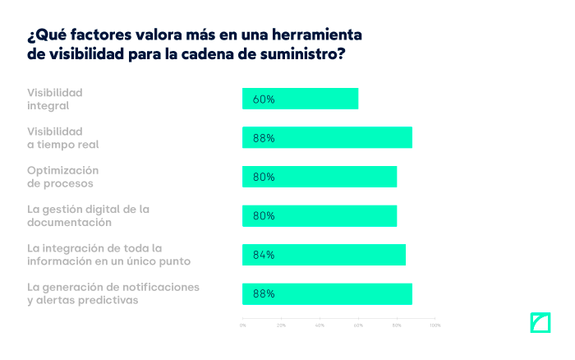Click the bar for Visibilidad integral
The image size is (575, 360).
[x=300, y=99]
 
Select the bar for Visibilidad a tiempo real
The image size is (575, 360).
[x=327, y=137]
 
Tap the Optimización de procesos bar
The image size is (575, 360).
[x=320, y=177]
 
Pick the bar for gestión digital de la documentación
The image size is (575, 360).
[x=320, y=215]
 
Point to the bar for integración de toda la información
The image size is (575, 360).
[x=324, y=255]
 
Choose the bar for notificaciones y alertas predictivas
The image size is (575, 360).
[x=327, y=293]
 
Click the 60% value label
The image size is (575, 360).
[x=264, y=99]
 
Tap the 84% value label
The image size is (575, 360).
[x=264, y=255]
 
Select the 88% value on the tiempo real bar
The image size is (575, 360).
[x=264, y=138]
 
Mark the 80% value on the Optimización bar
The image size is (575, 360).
[x=264, y=177]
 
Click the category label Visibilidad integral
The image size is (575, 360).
[x=55, y=99]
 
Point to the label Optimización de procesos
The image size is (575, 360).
[x=64, y=177]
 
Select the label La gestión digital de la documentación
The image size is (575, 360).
[x=88, y=215]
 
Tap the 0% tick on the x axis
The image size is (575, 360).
[x=242, y=325]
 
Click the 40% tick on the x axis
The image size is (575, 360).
[x=320, y=325]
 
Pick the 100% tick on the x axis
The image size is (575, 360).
[x=435, y=325]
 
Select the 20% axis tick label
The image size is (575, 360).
[x=281, y=325]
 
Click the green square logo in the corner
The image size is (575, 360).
[x=540, y=323]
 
